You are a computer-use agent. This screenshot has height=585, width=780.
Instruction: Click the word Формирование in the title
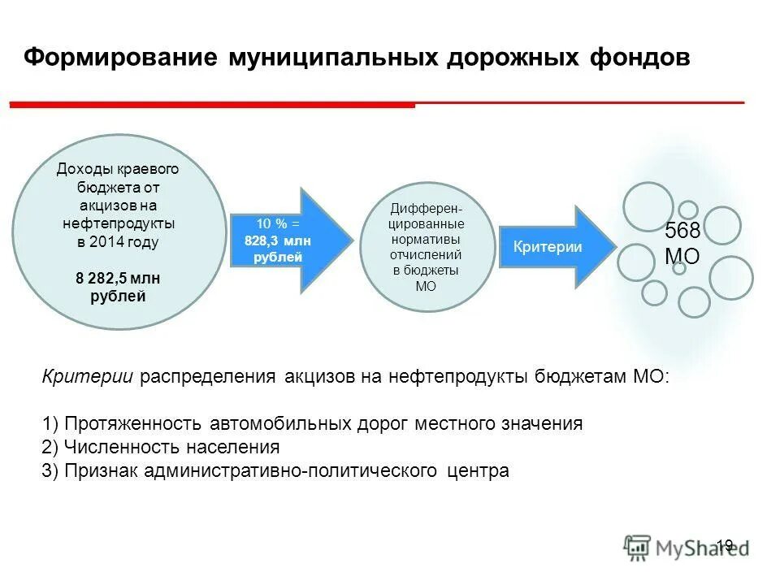click(119, 58)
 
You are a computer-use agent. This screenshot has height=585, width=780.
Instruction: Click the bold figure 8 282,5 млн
click(118, 279)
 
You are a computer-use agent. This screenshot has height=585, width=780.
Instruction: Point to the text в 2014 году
click(118, 242)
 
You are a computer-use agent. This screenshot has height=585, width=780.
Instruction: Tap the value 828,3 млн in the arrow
click(278, 240)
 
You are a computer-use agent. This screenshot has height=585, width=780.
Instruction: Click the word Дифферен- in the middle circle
click(427, 209)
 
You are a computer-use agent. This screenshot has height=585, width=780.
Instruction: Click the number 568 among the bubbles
click(682, 232)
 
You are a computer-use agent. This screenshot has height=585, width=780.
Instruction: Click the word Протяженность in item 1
click(137, 424)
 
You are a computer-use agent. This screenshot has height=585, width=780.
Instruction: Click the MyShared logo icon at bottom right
click(638, 546)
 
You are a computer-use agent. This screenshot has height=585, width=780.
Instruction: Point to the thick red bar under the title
click(211, 105)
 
